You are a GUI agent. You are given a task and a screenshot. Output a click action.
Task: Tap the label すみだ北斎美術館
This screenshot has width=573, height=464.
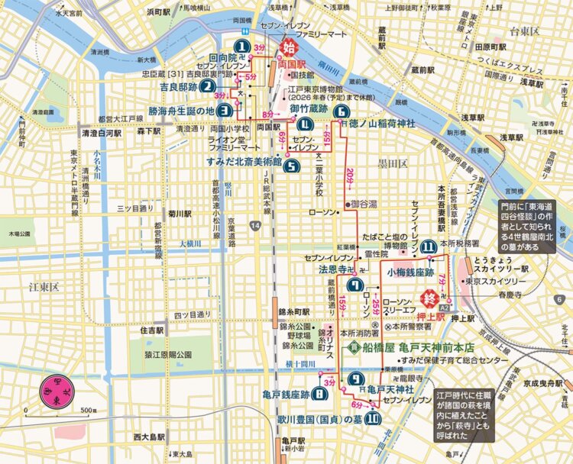tap(244, 162)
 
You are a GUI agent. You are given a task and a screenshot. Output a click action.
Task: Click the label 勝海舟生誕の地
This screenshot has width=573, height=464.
tap(182, 110)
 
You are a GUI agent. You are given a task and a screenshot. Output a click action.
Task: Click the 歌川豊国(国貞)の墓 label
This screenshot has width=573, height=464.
tap(319, 419)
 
